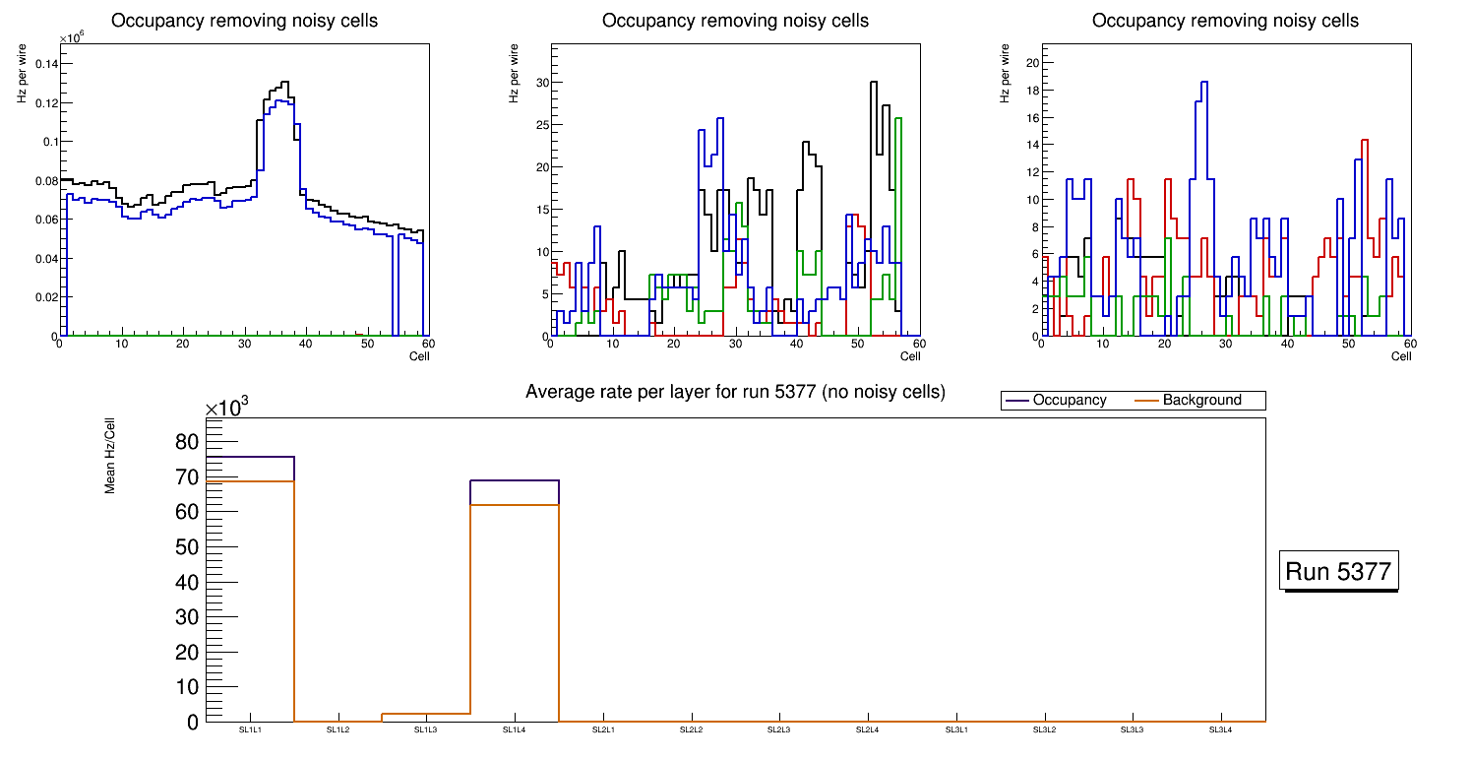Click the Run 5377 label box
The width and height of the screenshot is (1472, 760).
click(x=1338, y=572)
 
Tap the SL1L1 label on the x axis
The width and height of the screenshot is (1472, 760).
click(x=250, y=730)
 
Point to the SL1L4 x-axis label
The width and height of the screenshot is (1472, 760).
click(x=515, y=730)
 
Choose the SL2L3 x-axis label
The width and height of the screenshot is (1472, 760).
click(x=779, y=730)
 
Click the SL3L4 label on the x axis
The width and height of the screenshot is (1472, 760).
click(x=1220, y=730)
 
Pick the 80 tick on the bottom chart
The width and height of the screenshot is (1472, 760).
click(x=186, y=442)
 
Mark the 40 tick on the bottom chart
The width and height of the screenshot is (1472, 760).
click(x=186, y=582)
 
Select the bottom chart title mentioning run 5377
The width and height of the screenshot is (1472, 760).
click(x=735, y=392)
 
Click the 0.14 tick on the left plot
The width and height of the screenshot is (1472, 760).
click(x=46, y=64)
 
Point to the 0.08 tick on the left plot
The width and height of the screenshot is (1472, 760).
click(x=46, y=180)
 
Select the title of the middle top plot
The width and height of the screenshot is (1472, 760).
click(x=735, y=21)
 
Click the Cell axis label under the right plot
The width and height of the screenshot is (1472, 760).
click(x=1401, y=356)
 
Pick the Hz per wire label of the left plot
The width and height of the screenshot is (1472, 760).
click(x=22, y=73)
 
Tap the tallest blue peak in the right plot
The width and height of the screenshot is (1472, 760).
click(x=1203, y=83)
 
